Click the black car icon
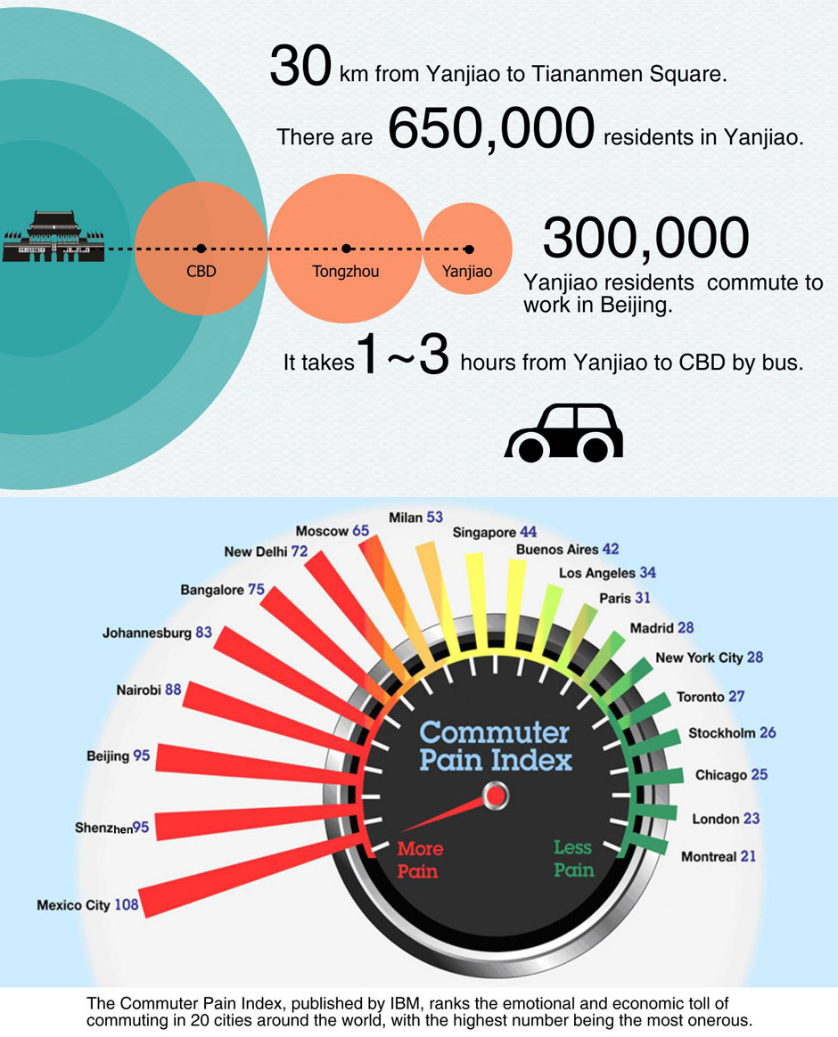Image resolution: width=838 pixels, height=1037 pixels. click(x=564, y=432)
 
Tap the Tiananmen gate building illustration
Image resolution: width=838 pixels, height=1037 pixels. click(x=53, y=236)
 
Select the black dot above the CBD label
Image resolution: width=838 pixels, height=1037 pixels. click(x=201, y=249)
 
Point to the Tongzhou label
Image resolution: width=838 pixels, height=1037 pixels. click(x=346, y=271)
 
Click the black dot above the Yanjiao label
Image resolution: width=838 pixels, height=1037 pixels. click(x=469, y=249)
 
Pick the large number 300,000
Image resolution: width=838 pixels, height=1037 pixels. click(x=645, y=238)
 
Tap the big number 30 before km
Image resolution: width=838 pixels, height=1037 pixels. click(x=300, y=65)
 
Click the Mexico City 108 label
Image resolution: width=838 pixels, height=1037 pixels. click(x=87, y=905)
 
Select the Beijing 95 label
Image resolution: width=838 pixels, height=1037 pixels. click(x=118, y=756)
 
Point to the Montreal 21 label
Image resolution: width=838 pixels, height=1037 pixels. click(x=719, y=856)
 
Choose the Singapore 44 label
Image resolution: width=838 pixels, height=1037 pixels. click(x=495, y=532)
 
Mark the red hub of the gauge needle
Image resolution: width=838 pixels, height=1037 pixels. click(x=495, y=795)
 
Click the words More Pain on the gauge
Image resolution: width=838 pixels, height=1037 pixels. click(x=420, y=860)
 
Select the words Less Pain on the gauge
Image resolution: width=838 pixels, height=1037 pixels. click(x=574, y=859)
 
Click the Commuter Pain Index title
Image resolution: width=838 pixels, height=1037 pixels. click(x=495, y=747)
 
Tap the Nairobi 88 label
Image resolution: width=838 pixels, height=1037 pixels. click(x=148, y=690)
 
